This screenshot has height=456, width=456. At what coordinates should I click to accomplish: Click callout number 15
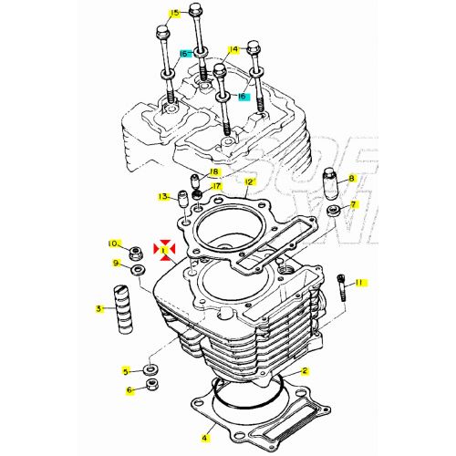coord(174,13)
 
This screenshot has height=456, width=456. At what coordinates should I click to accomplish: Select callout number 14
coord(233,49)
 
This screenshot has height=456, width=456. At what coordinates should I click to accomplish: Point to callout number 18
coord(214,172)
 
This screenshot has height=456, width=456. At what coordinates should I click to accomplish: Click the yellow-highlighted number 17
coord(216,187)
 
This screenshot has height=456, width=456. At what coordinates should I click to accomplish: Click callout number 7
coord(355,204)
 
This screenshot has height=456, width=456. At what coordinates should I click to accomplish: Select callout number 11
coord(359,284)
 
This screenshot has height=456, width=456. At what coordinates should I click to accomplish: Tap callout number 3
coord(98,309)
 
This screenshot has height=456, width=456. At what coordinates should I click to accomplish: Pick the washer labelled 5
coord(150,370)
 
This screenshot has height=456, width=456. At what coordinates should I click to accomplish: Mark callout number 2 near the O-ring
coord(305,371)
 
